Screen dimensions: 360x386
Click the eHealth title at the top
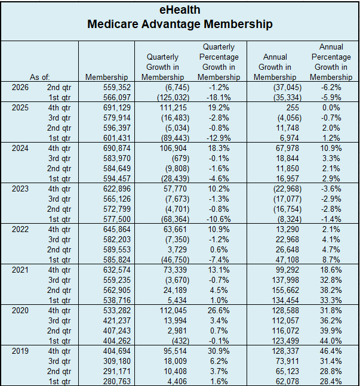pos(180,10)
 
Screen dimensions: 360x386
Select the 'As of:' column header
pos(39,78)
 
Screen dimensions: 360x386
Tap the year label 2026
pos(20,87)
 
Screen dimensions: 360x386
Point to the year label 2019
pos(20,351)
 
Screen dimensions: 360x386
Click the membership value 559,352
pos(117,87)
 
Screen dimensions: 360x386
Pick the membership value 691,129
pos(117,108)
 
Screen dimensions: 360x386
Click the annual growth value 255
pos(293,108)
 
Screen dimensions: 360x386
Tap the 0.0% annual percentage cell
pos(331,108)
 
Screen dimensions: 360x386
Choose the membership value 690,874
pos(117,149)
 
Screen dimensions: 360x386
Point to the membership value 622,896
pos(117,189)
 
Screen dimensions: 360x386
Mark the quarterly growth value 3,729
pos(177,249)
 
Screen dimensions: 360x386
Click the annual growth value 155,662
pos(285,290)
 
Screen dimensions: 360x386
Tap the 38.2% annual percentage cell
pos(331,290)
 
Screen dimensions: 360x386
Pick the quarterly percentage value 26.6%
pos(219,311)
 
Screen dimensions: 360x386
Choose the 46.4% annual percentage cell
pos(331,351)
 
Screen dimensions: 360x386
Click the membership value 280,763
pos(117,382)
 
